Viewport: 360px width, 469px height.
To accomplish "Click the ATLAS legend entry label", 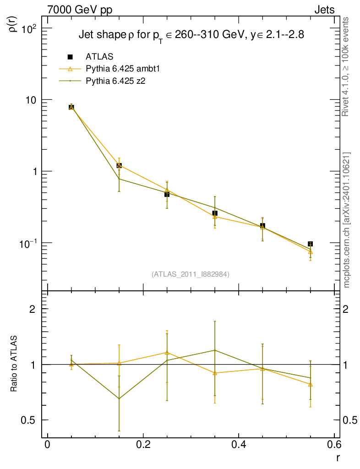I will (x=99, y=57).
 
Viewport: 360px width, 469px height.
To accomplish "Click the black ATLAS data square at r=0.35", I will (x=215, y=213).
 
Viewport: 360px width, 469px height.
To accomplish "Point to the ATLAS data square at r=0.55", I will (x=311, y=244).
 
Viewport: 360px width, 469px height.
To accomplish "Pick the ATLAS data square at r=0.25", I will (x=167, y=194).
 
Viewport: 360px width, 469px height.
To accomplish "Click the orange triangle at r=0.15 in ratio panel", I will (x=119, y=363).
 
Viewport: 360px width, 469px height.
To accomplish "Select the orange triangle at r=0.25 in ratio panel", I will (x=167, y=352).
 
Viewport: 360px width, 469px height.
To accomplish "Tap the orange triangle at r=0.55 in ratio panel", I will (x=311, y=384).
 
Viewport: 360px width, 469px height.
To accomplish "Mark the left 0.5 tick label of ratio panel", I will (x=29, y=420).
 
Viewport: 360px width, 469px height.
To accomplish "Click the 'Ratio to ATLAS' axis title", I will (x=14, y=364).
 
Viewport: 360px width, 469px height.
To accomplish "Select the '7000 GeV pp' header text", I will (x=76, y=10).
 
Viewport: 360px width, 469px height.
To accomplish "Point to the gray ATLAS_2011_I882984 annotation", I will (x=191, y=274).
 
